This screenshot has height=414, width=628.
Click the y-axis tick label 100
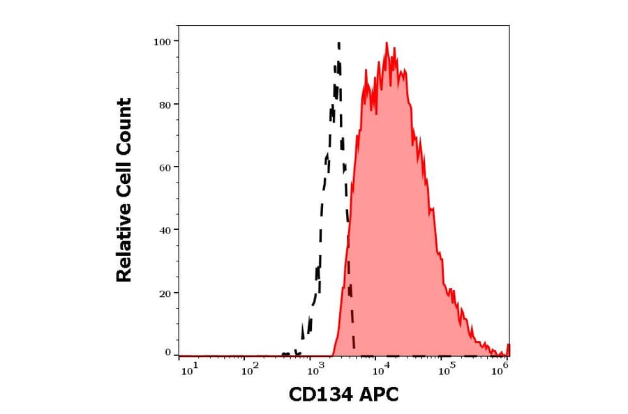(162, 42)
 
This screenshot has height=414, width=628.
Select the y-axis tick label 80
(165, 105)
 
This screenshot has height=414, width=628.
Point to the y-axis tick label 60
(165, 167)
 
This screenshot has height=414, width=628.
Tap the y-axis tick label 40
(165, 230)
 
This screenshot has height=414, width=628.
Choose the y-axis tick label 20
(165, 293)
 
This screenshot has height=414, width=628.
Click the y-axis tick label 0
(167, 353)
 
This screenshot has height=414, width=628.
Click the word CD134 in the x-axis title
(318, 395)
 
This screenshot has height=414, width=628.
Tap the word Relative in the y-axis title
(124, 249)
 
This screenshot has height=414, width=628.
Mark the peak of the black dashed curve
(338, 43)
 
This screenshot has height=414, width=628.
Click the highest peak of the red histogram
(387, 43)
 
